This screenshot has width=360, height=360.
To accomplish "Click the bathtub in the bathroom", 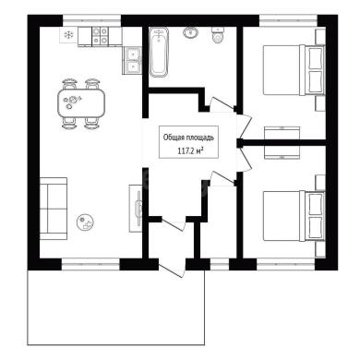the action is coord(159,52).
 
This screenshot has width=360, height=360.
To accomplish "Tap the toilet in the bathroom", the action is coord(218,35).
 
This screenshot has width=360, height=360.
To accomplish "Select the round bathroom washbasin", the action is coord(191,32).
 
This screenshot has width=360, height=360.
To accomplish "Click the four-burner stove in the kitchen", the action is coord(101,36).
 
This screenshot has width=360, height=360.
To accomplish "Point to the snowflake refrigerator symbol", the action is coord(68,35).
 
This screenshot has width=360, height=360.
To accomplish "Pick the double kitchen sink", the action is coord(133,61).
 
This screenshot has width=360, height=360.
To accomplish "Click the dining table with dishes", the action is coord(81,103).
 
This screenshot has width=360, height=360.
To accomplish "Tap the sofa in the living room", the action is coord(54,209).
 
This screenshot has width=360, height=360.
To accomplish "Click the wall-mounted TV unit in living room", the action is coord(136,208).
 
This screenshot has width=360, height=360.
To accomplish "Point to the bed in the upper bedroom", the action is coord(294,70).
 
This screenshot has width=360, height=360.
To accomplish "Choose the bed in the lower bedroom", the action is coord(294,216).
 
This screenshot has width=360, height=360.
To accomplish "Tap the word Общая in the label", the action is coord(173,138).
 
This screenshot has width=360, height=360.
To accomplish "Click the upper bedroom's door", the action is coord(246,126).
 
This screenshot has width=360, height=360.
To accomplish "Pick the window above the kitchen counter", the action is coord(92,21).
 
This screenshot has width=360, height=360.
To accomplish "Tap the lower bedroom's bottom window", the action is coord(286,264).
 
